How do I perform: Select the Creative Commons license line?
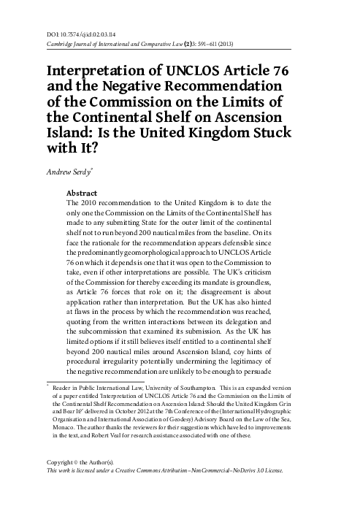point(161,472)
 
